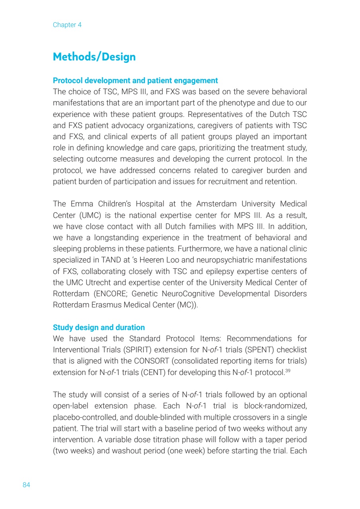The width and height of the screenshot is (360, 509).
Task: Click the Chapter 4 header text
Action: pyautogui.click(x=67, y=25)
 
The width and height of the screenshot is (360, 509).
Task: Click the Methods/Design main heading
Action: pyautogui.click(x=94, y=57)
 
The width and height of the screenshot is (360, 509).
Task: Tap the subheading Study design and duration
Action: pyautogui.click(x=99, y=328)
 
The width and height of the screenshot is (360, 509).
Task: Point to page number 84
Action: pyautogui.click(x=26, y=485)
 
